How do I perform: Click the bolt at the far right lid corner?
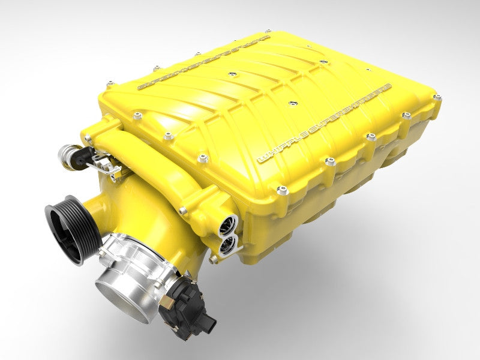pos(437,97)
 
